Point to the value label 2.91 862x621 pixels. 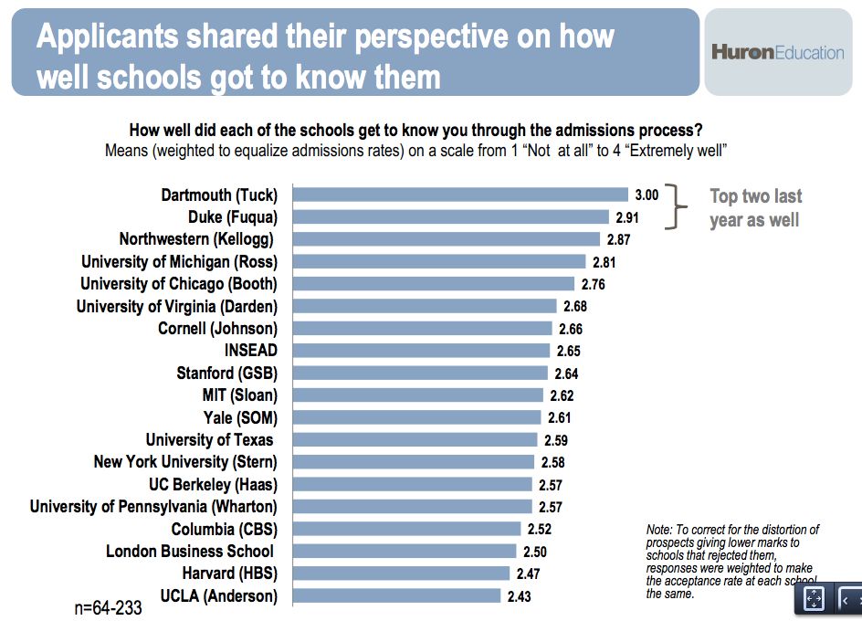pos(625,217)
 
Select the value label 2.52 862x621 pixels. pos(538,529)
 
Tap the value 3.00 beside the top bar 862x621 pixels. pos(646,195)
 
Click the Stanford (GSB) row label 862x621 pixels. pos(226,374)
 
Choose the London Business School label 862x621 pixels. pos(190,551)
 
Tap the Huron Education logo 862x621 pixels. pos(778,52)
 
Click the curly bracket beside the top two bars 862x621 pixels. pos(678,206)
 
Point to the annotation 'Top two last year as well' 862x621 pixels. pos(755,208)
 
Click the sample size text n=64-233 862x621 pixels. pos(108,608)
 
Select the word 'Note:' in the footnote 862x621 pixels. pos(658,530)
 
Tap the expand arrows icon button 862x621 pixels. pos(814,599)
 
